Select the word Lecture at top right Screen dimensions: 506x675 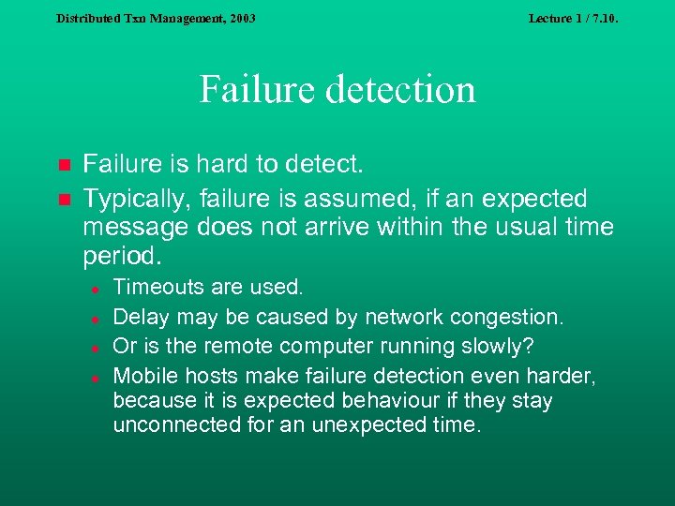pos(549,18)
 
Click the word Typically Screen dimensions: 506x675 pos(127,199)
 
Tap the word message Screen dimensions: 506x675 pos(130,227)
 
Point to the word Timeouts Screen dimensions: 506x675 pos(154,287)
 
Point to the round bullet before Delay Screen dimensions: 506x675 pos(96,318)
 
